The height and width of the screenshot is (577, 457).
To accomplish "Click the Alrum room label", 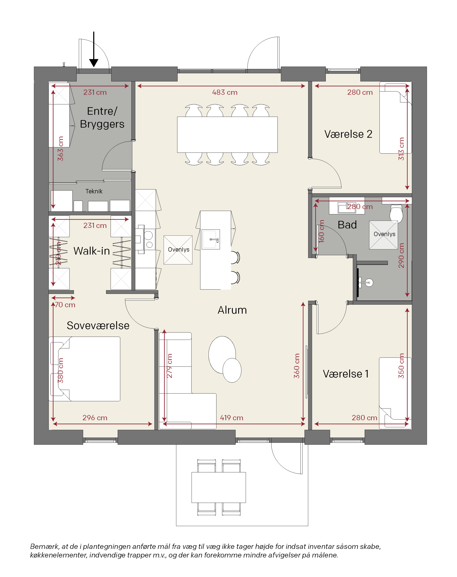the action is [x=232, y=310].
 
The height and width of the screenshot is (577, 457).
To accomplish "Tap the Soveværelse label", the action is [x=98, y=326].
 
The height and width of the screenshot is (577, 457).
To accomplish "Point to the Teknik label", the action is [x=94, y=191].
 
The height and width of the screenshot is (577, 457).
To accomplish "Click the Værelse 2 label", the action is [x=348, y=134].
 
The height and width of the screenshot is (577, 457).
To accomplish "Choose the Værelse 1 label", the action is [x=346, y=374].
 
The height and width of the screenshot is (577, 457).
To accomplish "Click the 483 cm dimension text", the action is [x=225, y=92].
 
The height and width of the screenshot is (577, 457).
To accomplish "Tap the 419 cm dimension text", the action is [x=231, y=418].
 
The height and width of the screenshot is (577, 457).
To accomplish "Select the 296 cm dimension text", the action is [x=95, y=418].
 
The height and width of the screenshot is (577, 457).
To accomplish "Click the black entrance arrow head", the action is [x=94, y=63].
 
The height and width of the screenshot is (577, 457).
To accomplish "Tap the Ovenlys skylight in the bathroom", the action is [x=383, y=235].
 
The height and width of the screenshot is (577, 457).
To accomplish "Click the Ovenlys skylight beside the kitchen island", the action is [x=178, y=250].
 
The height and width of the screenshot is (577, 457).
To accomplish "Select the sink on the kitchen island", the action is [x=211, y=239].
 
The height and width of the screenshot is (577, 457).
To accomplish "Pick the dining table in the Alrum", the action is [x=227, y=135].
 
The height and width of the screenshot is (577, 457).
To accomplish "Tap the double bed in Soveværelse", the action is [x=85, y=369].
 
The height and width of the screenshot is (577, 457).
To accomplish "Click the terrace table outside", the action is [x=219, y=487].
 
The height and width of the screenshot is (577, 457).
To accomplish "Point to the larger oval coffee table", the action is [x=222, y=355].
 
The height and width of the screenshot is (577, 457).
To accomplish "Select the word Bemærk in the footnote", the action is [x=44, y=547].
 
